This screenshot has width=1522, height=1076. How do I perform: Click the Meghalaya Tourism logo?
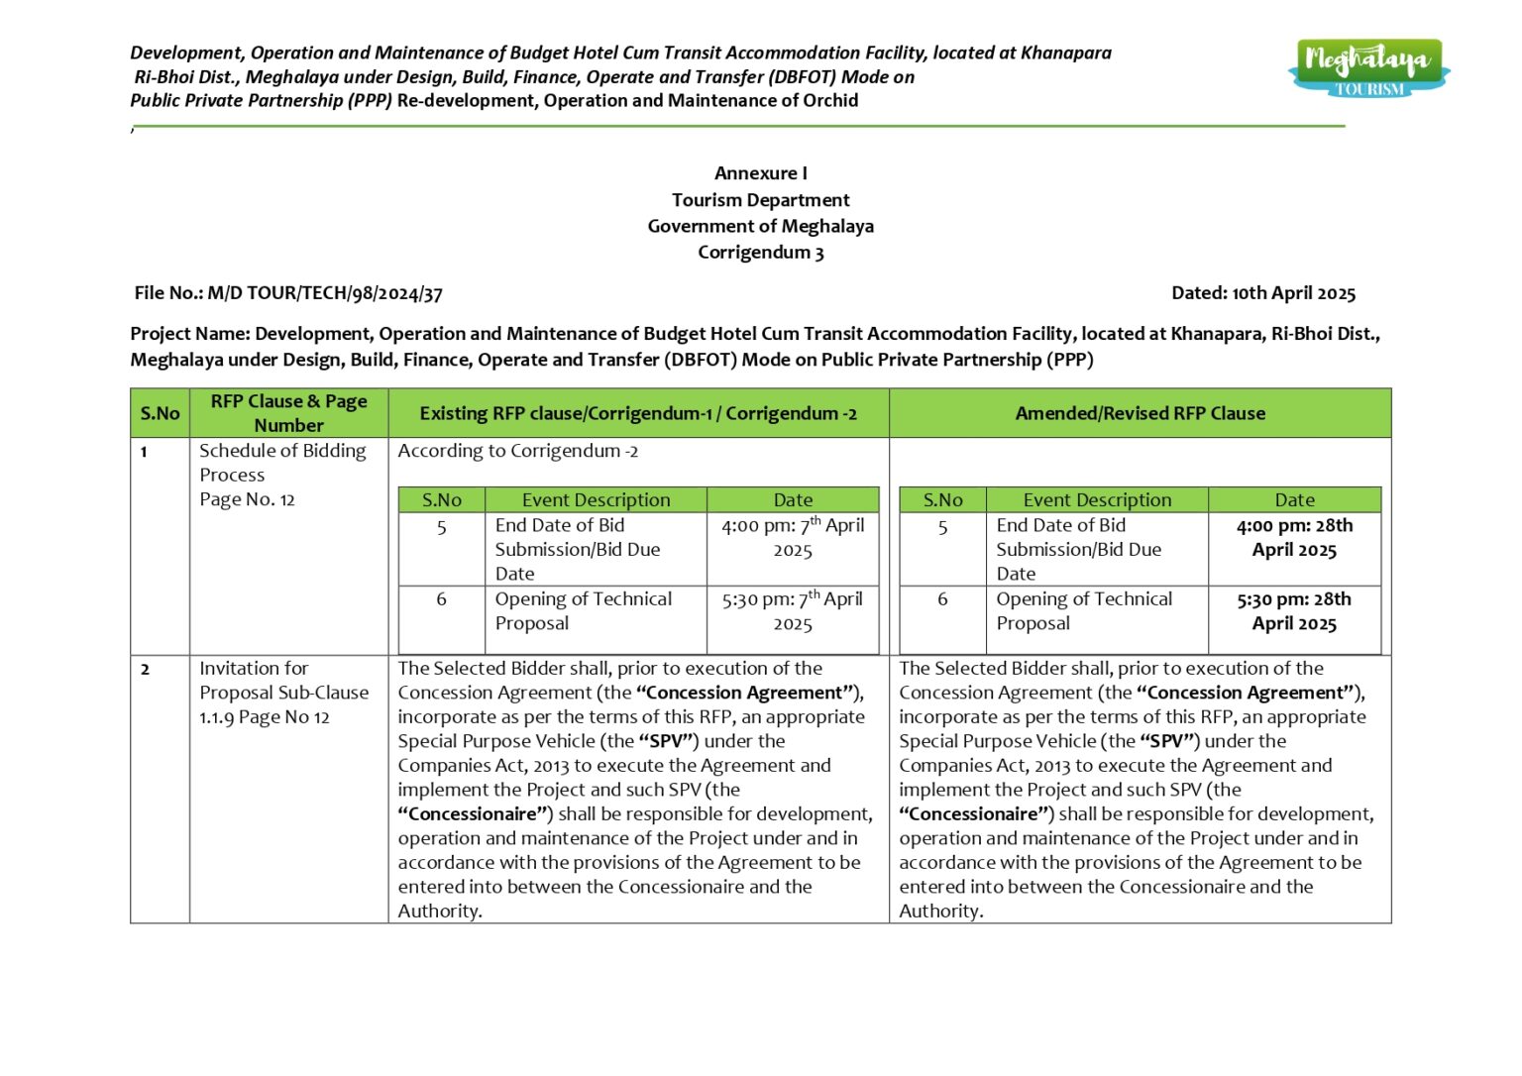point(1368,67)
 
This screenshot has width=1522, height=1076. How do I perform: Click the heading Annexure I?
point(760,173)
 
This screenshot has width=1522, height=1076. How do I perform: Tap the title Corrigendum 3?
point(760,253)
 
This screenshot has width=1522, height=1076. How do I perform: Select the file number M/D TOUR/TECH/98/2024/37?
point(324,293)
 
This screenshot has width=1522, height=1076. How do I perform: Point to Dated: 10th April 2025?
point(1262,293)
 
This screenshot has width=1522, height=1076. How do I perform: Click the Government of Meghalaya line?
point(760,226)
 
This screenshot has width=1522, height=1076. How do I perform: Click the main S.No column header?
point(160,413)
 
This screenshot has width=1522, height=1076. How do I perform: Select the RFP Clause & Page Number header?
point(288,413)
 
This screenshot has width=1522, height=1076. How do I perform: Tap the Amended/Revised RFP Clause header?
point(1140,413)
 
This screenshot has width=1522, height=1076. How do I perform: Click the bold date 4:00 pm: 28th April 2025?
point(1293,538)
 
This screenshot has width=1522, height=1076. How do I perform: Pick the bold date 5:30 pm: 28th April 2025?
point(1293,611)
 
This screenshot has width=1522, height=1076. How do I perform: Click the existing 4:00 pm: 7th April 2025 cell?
point(792,538)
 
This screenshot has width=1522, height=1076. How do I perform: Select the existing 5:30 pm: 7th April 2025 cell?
point(792,611)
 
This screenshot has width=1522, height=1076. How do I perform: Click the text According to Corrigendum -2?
point(517,451)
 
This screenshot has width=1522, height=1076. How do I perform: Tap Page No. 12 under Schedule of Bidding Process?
point(247,499)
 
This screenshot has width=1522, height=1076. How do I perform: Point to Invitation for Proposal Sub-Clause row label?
point(283,693)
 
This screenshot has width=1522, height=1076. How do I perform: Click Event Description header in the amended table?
point(1096,500)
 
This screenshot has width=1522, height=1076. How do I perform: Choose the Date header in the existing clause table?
point(792,500)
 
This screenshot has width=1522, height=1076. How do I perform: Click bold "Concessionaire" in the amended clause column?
point(973,814)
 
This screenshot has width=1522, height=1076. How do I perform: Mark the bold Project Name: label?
point(190,334)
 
